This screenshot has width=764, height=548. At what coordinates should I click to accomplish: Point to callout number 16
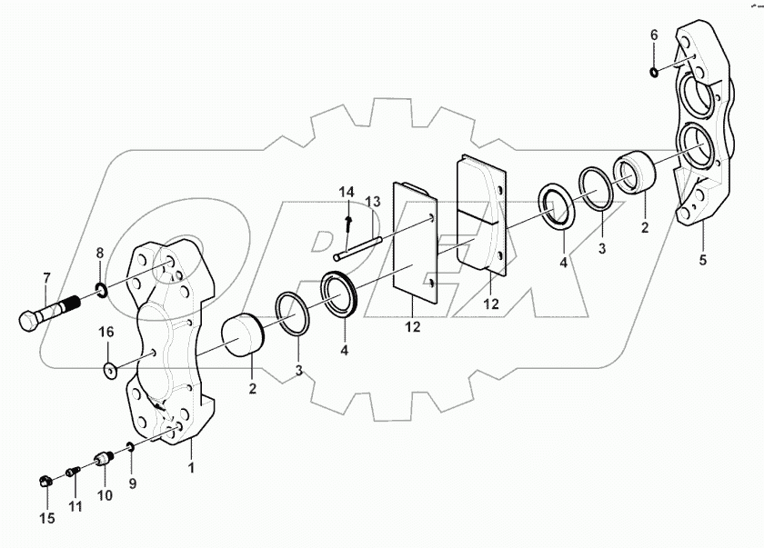point(107,333)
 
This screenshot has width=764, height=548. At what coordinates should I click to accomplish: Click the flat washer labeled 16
point(110,370)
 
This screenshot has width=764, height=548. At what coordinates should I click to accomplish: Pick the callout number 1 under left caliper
point(190,468)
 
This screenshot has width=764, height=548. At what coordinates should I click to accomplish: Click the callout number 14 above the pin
point(347,193)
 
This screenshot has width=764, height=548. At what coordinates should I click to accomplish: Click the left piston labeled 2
point(241,334)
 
